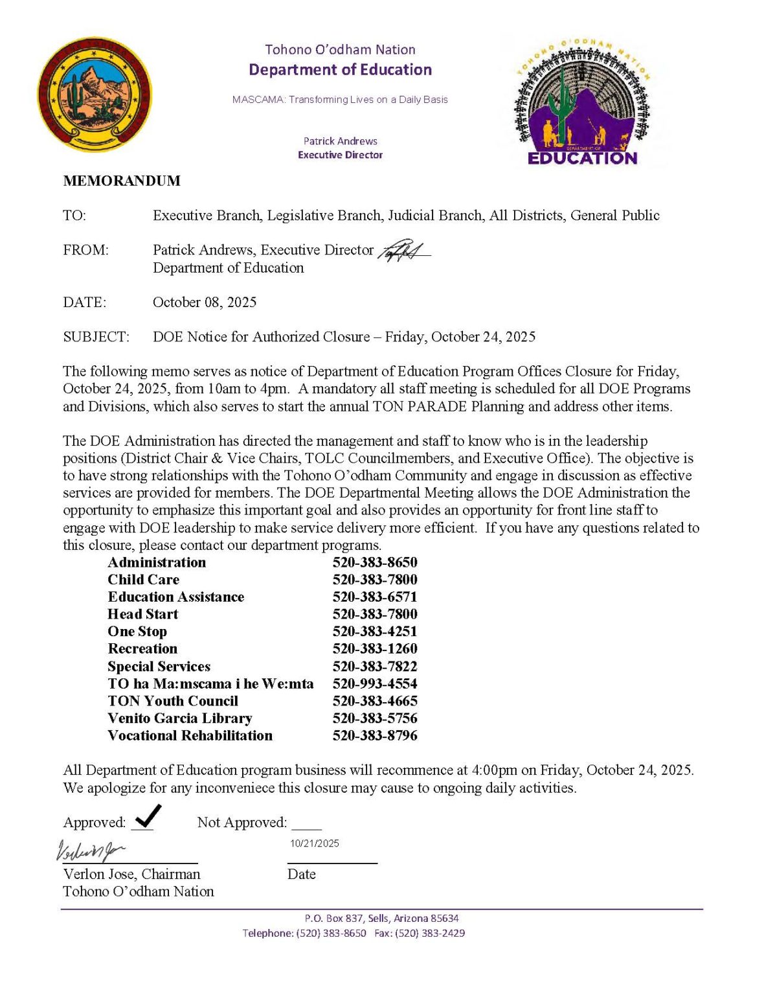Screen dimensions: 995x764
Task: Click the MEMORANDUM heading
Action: coord(122,181)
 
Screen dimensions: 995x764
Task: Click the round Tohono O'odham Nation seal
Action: coord(95,95)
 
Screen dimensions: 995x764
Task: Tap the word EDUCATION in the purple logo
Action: coord(582,158)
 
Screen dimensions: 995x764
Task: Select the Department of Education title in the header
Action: coord(340,70)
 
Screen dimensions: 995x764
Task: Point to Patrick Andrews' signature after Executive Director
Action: coord(404,251)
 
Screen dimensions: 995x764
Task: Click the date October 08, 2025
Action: coord(205,303)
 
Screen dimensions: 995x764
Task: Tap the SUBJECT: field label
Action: coord(96,337)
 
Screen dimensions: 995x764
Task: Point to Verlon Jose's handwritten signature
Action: coord(91,850)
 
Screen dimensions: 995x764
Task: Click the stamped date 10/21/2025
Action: coord(315,843)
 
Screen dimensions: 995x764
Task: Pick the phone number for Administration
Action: coord(375,562)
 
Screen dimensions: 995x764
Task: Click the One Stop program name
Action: coord(137,632)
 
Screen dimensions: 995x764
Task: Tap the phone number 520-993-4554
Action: coord(375,683)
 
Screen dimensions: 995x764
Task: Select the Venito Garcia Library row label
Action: coord(180,718)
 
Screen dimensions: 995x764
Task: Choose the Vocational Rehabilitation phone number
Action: coord(375,736)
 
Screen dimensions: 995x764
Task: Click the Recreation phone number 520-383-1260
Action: coord(375,649)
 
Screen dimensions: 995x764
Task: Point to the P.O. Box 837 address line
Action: coord(381,919)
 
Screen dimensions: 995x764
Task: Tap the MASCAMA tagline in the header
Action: coord(340,100)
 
